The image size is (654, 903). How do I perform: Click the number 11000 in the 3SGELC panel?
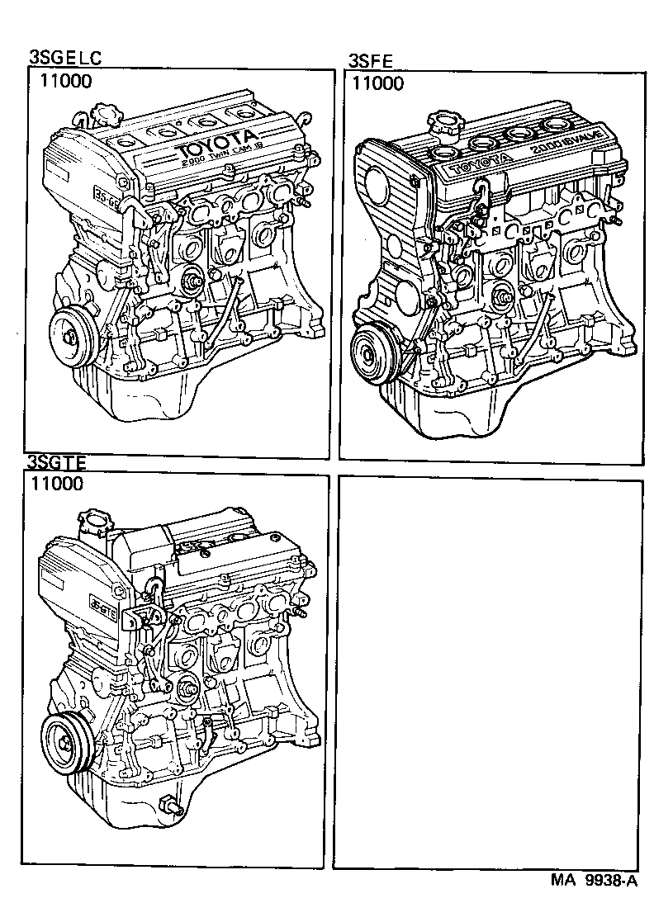63,81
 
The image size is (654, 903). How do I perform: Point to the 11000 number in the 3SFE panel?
377,83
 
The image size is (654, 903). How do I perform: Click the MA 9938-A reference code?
594,880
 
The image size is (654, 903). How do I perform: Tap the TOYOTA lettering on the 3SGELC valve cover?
216,144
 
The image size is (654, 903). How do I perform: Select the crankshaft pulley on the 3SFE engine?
371,352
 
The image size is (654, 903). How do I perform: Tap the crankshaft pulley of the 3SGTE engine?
65,739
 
